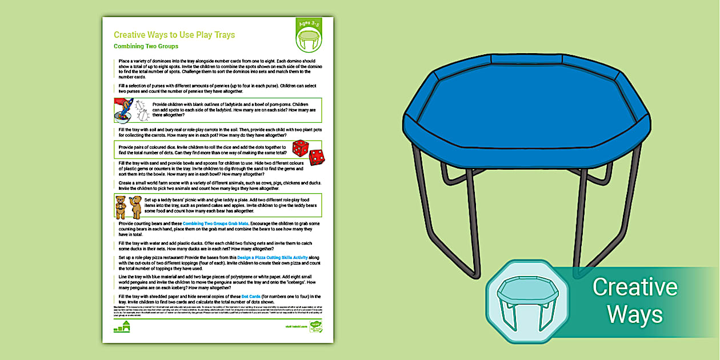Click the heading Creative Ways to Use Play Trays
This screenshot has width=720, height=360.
pos(174,35)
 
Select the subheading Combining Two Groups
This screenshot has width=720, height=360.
pos(146,46)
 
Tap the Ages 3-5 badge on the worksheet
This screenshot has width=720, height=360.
pos(309,35)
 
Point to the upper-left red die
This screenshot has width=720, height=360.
pos(299,148)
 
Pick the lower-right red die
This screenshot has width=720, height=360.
pos(316,157)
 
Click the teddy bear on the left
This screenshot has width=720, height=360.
pos(121,206)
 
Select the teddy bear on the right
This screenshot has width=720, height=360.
pos(136,206)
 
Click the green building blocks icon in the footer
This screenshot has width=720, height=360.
pos(122,327)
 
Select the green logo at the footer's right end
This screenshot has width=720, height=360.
pos(316,326)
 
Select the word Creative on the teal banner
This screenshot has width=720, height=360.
pos(634,287)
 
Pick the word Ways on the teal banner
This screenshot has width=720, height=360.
pos(634,314)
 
